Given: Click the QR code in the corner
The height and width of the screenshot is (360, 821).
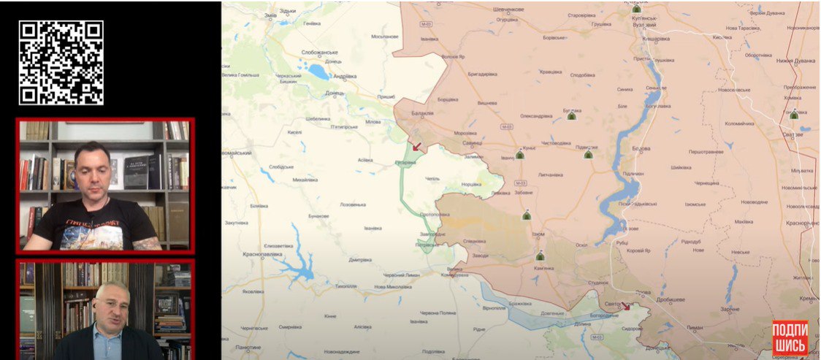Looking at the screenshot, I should pos(61,62).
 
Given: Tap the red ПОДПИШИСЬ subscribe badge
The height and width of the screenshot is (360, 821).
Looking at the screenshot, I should pos(790,338).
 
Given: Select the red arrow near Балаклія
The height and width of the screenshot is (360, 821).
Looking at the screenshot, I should pos(416,146).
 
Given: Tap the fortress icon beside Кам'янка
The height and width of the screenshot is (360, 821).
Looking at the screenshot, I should pos(540,256).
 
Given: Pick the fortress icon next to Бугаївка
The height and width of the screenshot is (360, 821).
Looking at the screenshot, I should pos(571,115).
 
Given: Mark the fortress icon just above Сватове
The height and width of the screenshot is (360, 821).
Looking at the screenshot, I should pos(794,115).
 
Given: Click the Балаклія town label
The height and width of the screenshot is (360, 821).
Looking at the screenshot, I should pos(423,113).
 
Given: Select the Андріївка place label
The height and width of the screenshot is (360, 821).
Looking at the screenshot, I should pos(344,76).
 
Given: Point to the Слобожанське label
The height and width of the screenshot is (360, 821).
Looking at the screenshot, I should pos(319,53).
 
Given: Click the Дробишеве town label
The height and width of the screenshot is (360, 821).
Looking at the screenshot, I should pos(668,300).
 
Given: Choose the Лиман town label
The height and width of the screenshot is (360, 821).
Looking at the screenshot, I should pos(695,328).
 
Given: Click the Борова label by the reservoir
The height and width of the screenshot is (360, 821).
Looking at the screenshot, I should pos(641,149).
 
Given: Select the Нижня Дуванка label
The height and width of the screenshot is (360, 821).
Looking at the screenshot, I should pos(795,61).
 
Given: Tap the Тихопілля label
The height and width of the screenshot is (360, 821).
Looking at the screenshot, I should pos(345,286).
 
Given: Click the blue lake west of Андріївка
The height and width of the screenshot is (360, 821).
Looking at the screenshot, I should pos(319,72).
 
